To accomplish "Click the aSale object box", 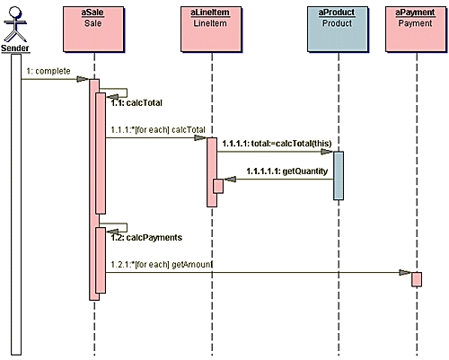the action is (93, 29).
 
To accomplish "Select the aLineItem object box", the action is (211, 29).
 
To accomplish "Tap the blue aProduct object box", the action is (338, 29).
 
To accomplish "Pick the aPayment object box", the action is (416, 29).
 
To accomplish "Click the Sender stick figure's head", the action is (15, 13).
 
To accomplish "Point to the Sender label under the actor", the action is (15, 48).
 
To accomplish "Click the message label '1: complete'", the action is (48, 71).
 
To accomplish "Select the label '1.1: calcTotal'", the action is (136, 103).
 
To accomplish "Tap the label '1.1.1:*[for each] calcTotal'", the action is (158, 130).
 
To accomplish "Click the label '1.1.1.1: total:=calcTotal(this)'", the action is (277, 144).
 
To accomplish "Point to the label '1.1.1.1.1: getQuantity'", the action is (287, 171).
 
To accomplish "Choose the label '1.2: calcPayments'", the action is (146, 238).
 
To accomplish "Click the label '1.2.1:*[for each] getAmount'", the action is (162, 265).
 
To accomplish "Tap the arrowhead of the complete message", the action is (83, 79).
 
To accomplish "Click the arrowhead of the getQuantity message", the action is (230, 180).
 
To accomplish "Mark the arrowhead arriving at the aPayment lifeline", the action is (405, 273).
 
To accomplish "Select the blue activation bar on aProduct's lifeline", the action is (339, 176).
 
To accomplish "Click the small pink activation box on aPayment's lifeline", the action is (417, 279).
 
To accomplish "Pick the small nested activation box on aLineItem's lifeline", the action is (218, 186).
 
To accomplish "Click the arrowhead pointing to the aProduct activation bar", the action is (327, 152).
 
